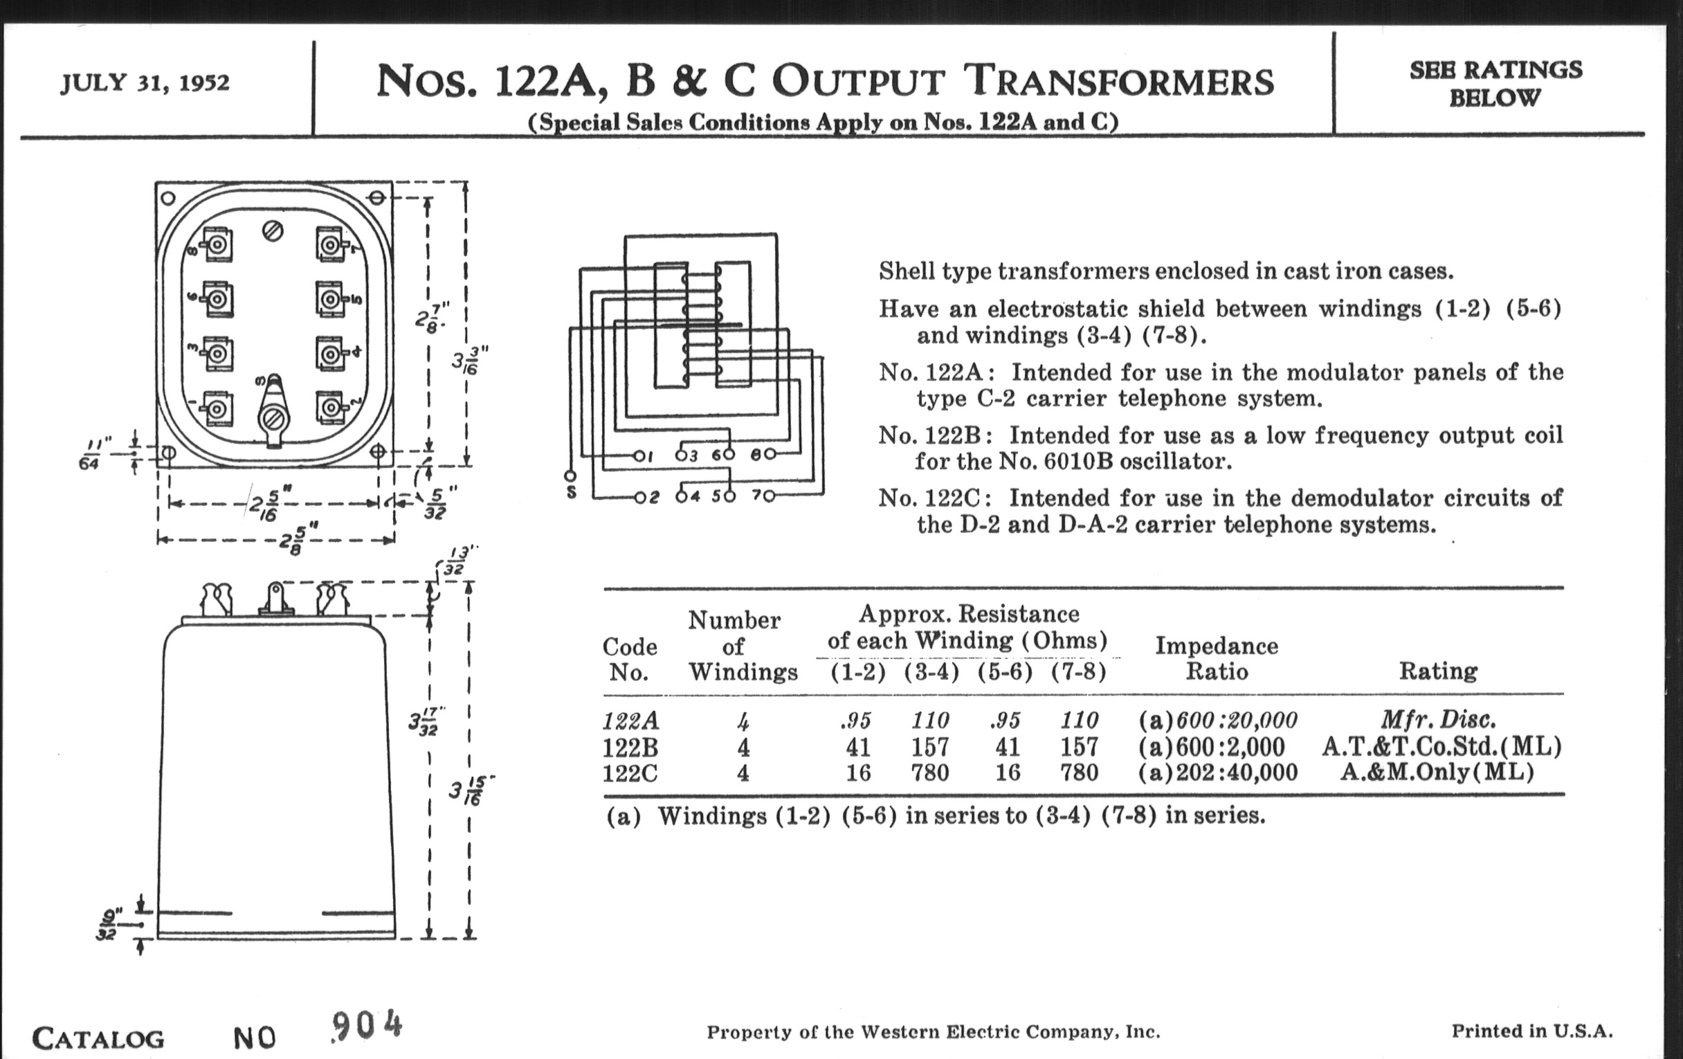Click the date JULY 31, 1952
click(x=145, y=83)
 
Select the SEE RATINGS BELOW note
click(x=1495, y=83)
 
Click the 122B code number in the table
click(x=630, y=748)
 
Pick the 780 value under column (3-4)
click(x=929, y=773)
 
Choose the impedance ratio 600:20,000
click(x=1237, y=720)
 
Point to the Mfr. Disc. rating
click(x=1438, y=719)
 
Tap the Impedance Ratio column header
click(x=1216, y=658)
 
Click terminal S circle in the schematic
click(x=570, y=476)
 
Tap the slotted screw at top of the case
click(x=273, y=230)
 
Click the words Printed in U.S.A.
click(x=1532, y=1031)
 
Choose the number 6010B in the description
click(x=1073, y=462)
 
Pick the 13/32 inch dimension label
click(x=454, y=563)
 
